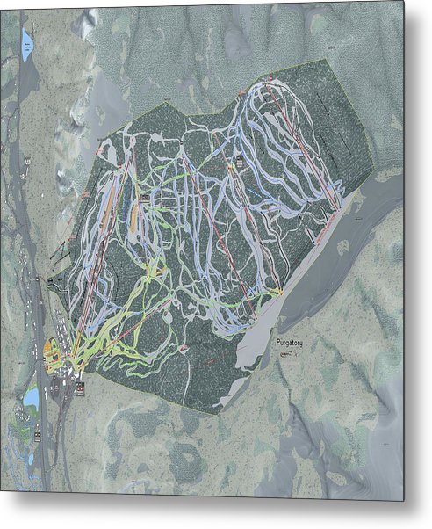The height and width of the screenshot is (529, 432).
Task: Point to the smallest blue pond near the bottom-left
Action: tap(29, 459)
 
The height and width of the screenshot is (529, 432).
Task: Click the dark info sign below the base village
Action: tap(80, 388)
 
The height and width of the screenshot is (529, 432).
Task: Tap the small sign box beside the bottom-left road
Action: tap(39, 436)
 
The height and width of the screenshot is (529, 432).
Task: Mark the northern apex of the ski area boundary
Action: tap(326, 60)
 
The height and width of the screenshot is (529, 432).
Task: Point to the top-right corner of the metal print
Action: tap(404, 2)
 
